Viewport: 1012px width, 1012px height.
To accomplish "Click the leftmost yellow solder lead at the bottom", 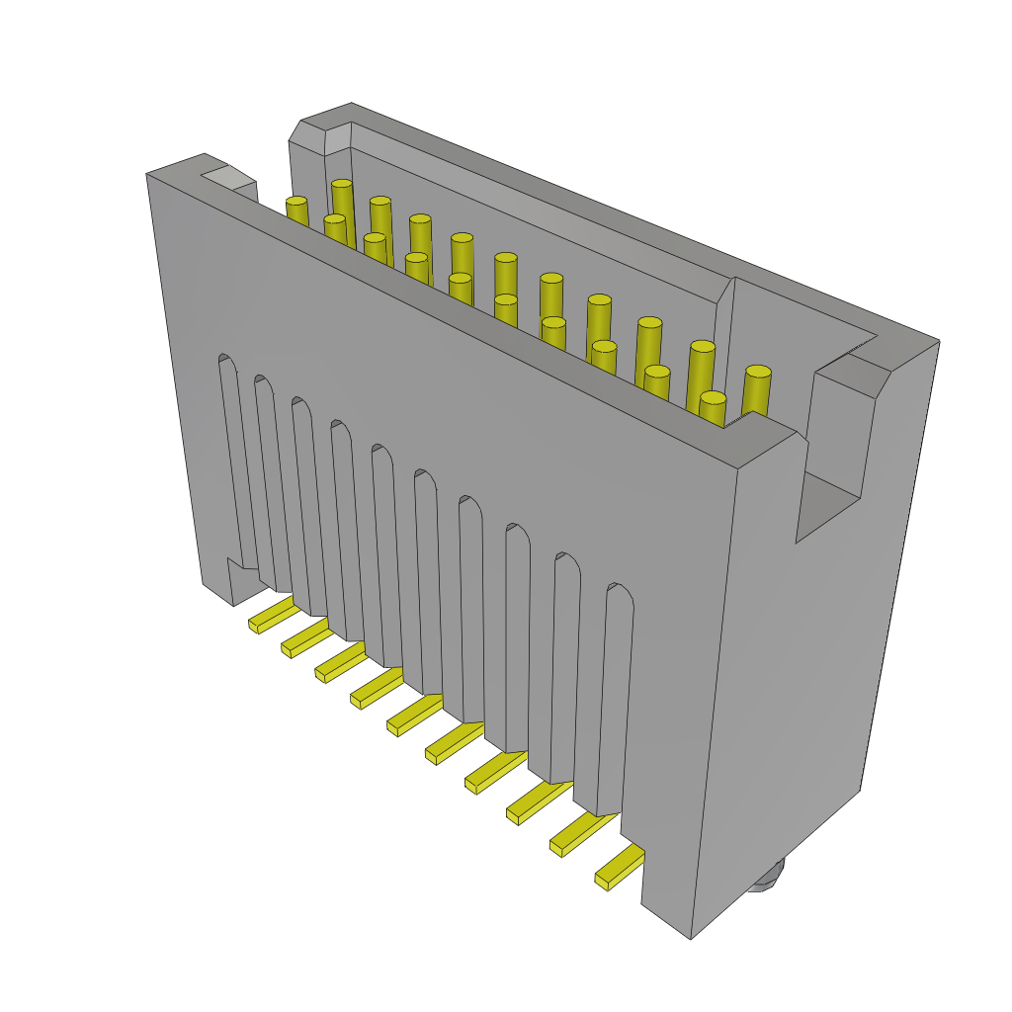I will pos(271,616).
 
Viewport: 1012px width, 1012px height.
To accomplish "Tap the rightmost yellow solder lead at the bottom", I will pos(619,867).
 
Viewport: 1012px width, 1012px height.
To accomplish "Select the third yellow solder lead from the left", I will pos(340,663).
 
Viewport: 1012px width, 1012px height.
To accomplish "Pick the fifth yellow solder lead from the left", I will pos(414,716).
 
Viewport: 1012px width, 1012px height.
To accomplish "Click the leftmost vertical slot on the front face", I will pos(236,464).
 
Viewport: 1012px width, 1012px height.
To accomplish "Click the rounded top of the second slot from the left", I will pos(263,383).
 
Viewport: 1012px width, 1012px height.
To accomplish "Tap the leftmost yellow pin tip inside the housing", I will pos(296,202).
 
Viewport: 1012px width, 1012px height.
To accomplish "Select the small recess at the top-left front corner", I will pos(227,179).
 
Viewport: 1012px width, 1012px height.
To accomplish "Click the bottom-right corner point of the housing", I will pos(691,937).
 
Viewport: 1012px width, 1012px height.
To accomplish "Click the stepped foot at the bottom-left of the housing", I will pos(233,583).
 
